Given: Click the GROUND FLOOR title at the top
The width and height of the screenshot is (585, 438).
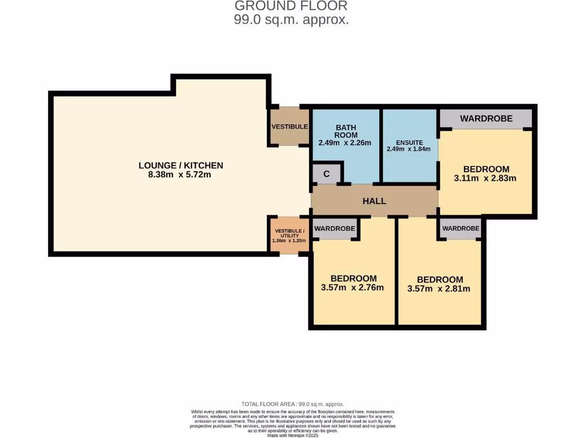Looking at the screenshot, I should tap(291, 6).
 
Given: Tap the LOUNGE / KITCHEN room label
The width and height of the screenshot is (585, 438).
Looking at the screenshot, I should tap(181, 165).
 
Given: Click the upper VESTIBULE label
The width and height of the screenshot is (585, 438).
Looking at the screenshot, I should tap(290, 127).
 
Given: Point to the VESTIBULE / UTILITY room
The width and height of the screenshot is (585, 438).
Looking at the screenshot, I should tap(290, 236).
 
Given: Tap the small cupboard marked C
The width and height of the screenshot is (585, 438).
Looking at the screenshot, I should tap(326, 175).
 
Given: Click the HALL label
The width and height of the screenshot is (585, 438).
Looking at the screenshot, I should tap(374, 201).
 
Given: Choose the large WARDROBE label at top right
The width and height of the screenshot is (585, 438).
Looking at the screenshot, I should tap(486, 119).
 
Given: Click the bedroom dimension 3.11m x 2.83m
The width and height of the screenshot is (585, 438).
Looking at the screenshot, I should tap(485, 178).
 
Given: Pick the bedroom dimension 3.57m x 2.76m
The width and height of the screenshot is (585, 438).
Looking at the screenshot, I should tap(352, 287).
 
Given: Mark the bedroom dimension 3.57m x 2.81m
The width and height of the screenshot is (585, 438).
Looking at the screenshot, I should tap(439, 289).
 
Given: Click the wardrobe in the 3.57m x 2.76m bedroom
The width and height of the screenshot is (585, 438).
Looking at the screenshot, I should tap(335, 229).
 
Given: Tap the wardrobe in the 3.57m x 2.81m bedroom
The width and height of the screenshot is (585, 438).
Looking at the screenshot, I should tap(460, 229).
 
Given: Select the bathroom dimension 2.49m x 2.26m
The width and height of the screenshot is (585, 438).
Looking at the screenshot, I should tap(345, 143).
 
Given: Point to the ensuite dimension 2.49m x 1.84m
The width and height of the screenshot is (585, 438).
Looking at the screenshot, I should tap(408, 149).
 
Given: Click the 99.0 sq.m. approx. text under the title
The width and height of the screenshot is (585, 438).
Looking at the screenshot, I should tap(291, 19).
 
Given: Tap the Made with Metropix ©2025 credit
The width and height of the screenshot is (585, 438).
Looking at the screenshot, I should tap(292, 435).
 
